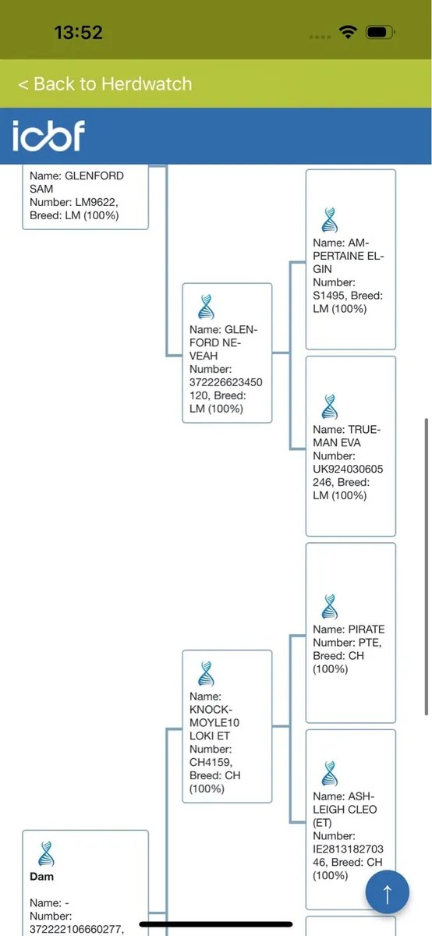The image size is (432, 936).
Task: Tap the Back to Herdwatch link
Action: pyautogui.click(x=104, y=84)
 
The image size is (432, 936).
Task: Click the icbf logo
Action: pyautogui.click(x=48, y=136)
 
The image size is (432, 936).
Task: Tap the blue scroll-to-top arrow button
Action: pyautogui.click(x=388, y=892)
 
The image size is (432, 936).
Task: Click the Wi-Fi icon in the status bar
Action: pyautogui.click(x=348, y=32)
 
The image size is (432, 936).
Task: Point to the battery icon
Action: pyautogui.click(x=381, y=32)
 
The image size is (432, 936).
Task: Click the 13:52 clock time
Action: pyautogui.click(x=79, y=33)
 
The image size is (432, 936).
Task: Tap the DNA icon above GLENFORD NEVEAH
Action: pyautogui.click(x=206, y=307)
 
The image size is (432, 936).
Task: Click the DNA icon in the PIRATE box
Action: pyautogui.click(x=330, y=606)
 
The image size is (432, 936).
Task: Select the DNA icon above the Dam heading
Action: pyautogui.click(x=46, y=853)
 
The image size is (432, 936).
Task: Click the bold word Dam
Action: pyautogui.click(x=42, y=876)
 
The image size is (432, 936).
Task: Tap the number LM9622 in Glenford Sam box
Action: pyautogui.click(x=95, y=202)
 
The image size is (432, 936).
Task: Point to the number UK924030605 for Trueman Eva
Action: pyautogui.click(x=348, y=469)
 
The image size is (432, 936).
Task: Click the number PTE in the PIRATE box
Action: pyautogui.click(x=370, y=643)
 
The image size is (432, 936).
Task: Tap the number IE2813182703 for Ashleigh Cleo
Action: pyautogui.click(x=348, y=849)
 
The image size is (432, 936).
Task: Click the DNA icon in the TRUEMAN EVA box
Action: pyautogui.click(x=330, y=406)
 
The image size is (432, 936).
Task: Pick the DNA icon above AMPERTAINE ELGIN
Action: pyautogui.click(x=330, y=220)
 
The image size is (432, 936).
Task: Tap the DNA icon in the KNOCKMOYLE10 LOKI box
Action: pyautogui.click(x=206, y=674)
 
